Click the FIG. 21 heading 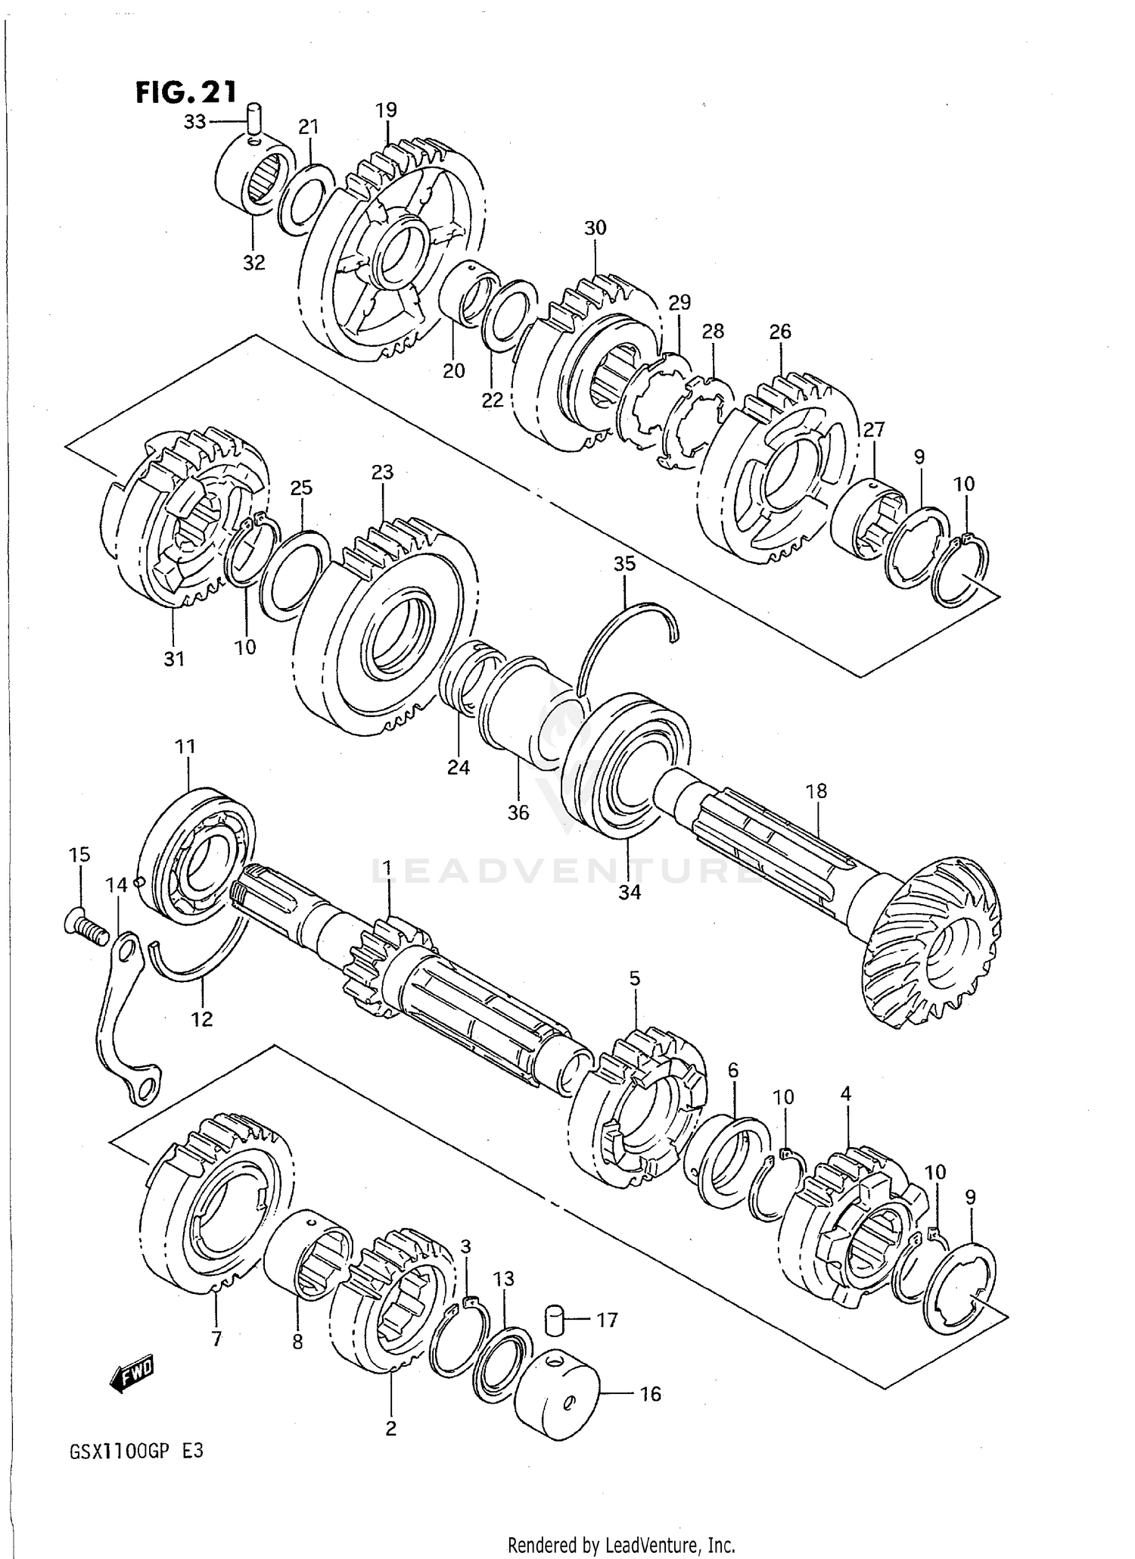(x=186, y=92)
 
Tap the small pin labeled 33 (x=255, y=120)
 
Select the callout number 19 (x=386, y=111)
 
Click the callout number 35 (x=624, y=564)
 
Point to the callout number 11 (x=185, y=747)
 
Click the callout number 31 (x=174, y=659)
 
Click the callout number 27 (x=873, y=430)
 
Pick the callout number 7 (x=216, y=1339)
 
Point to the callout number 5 (x=634, y=979)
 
